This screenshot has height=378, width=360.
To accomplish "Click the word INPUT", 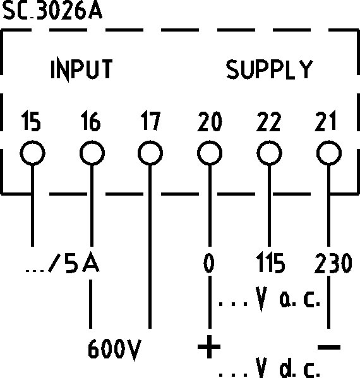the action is point(81,69).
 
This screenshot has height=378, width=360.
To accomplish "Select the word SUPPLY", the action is point(269,69).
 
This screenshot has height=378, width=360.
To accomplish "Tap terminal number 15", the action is point(31,121).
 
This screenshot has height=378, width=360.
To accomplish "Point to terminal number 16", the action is point(90,121).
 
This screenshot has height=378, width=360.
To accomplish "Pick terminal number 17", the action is point(150,121).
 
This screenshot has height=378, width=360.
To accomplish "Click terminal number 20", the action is point(210,121).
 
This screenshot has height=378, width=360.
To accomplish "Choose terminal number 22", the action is point(268,121).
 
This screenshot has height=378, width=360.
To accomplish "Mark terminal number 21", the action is point(326,121).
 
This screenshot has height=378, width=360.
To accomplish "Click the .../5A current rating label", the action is point(63,263).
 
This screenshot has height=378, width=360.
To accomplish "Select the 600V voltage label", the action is point(114,350).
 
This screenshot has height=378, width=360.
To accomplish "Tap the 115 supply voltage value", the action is point(270,263).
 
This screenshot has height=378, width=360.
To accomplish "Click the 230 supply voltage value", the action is point(333,263).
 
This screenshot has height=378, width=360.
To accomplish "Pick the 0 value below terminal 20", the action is point(209,263).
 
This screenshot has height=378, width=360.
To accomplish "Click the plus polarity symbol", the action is point(209,347).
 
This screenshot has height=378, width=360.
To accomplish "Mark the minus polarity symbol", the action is point(329,347).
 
